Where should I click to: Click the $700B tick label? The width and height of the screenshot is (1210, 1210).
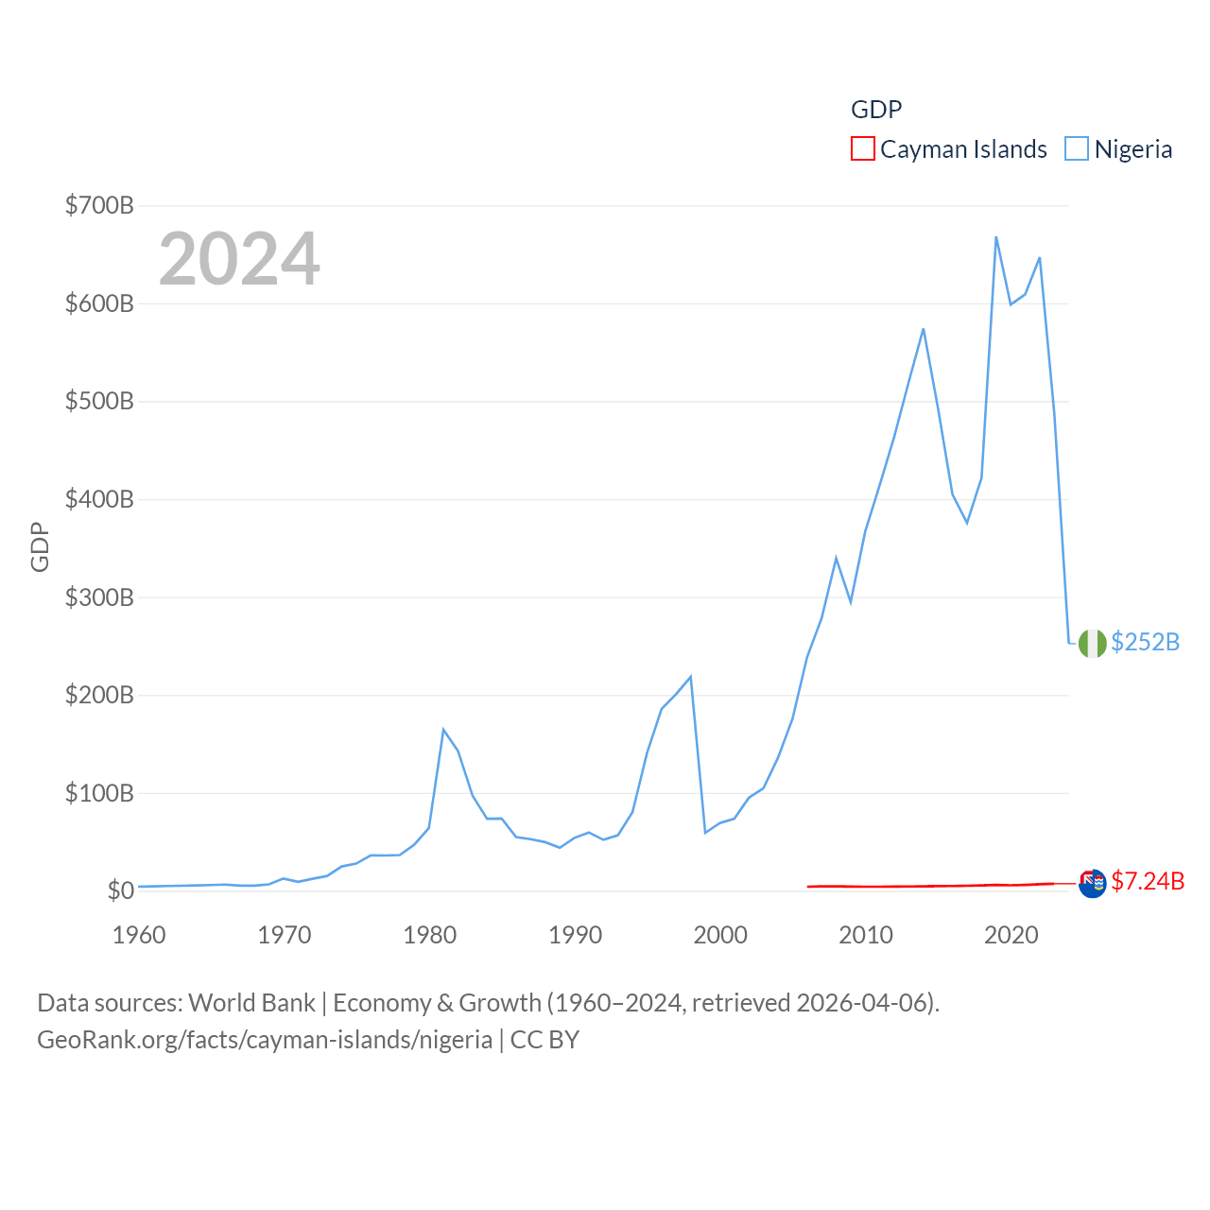[x=99, y=205]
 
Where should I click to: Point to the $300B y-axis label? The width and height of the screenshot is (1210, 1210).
[x=99, y=597]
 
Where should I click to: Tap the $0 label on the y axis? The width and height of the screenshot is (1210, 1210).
[x=120, y=890]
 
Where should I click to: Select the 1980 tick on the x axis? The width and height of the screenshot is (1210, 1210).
[x=430, y=935]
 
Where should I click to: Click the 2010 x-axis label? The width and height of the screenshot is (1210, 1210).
[x=866, y=935]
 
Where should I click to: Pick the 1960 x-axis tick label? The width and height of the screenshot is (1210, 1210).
[x=139, y=935]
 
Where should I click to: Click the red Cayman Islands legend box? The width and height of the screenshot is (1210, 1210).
[x=863, y=149]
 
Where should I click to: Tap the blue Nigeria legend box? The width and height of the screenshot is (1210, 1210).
[x=1077, y=149]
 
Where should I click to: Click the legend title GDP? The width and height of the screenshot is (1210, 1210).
[x=876, y=110]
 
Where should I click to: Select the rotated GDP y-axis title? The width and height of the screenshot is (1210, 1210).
[x=40, y=547]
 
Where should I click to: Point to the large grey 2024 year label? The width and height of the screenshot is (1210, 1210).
[x=239, y=259]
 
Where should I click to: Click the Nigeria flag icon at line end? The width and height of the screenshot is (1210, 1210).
[x=1093, y=643]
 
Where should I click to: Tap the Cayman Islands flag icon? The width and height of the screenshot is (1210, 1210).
[x=1093, y=884]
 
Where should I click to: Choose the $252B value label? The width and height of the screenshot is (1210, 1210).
[x=1145, y=642]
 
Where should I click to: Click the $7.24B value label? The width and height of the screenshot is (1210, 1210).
[x=1148, y=881]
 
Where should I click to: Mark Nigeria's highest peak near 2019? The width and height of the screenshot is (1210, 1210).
[x=996, y=237]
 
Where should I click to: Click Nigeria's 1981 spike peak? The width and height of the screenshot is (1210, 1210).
[x=443, y=730]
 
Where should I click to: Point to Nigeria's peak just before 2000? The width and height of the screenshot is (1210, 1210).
[x=691, y=677]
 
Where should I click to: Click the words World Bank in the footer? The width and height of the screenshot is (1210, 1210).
[x=251, y=1002]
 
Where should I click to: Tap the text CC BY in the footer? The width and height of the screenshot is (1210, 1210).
[x=544, y=1040]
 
